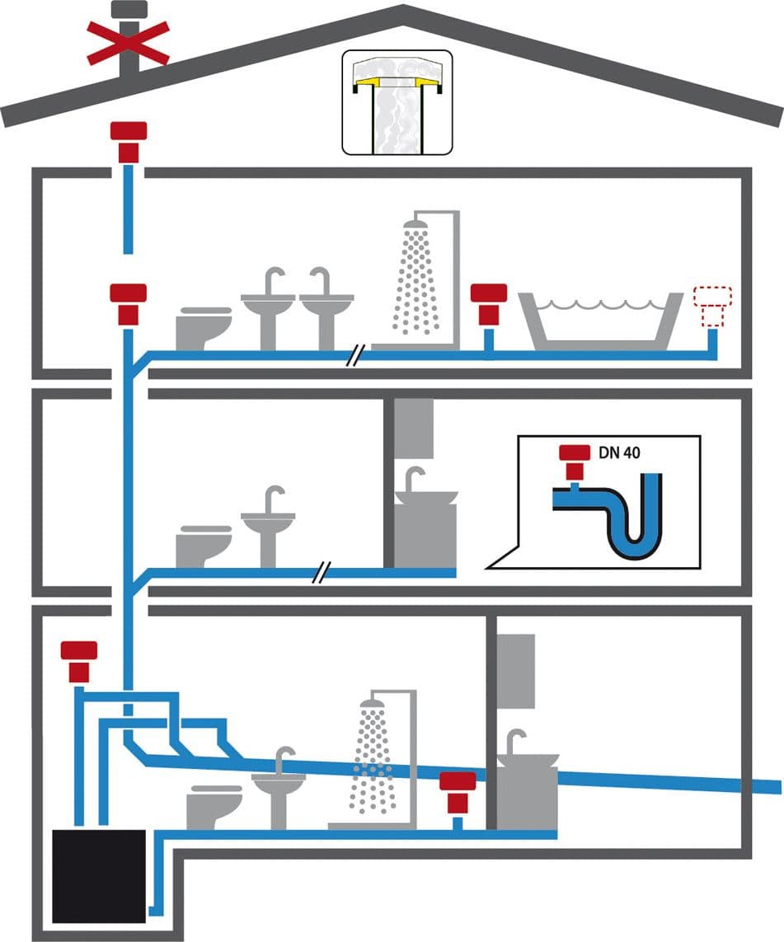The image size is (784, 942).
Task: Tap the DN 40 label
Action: coord(619,452)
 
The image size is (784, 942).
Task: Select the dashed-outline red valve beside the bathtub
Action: coord(712,307)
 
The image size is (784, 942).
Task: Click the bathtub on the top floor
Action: coord(601,321)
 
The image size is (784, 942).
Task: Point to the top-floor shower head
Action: coord(415,224)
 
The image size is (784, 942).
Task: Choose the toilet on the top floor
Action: coord(204,328)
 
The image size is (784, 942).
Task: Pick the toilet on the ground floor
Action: coord(214,807)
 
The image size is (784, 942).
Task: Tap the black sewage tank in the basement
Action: coord(99,877)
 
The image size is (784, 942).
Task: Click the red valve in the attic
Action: coord(129,143)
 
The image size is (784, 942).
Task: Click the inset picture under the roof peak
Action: coord(397,103)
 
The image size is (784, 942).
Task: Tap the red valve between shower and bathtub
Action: coord(488,305)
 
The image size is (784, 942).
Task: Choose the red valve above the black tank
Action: coord(78,662)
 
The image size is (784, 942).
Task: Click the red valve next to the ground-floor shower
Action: coord(458,792)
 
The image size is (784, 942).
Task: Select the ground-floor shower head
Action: coord(372,704)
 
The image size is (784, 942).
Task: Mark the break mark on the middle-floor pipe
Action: coord(322,573)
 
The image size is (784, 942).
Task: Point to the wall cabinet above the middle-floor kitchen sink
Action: coord(414,429)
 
